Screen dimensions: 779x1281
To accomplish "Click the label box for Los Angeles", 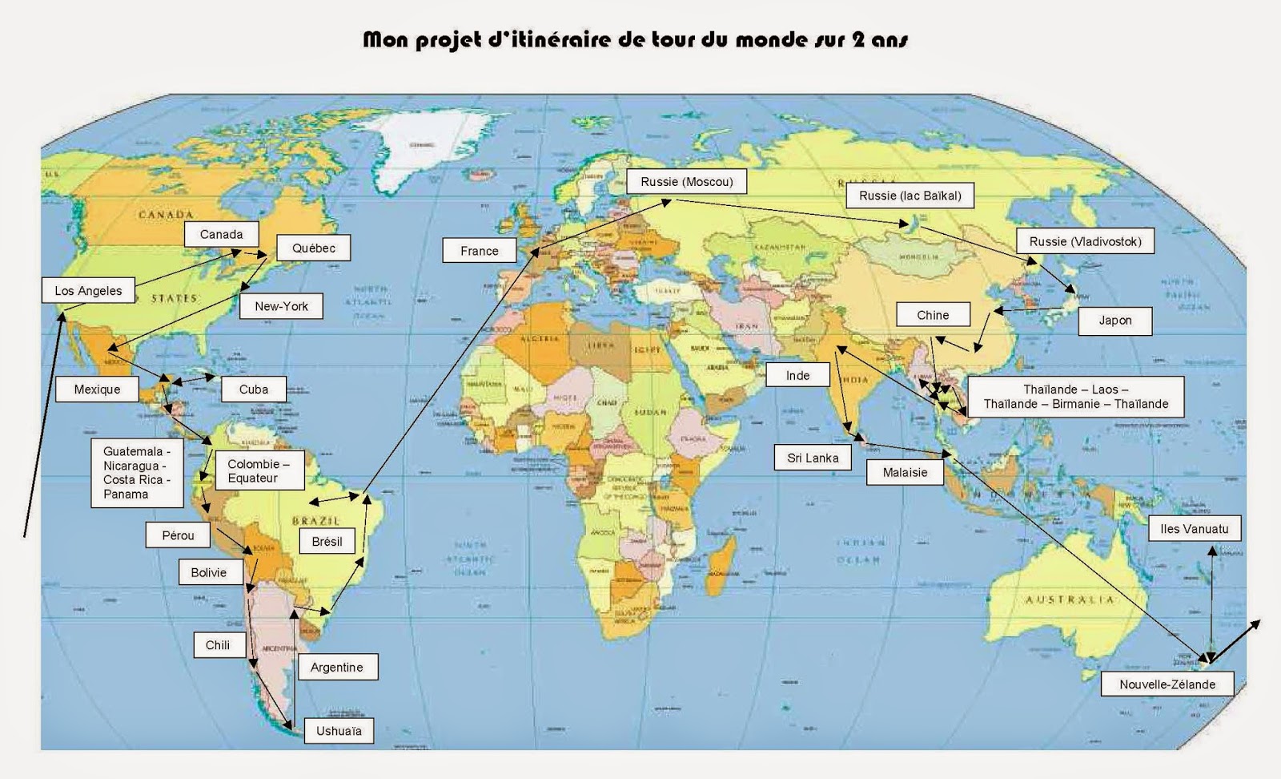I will click(x=88, y=291).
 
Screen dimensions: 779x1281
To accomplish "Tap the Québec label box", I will click(x=313, y=248).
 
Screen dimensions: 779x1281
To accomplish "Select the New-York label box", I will click(x=281, y=306).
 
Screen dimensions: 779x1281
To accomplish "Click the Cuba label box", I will click(x=254, y=389).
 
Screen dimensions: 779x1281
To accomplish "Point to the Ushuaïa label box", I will click(x=339, y=731).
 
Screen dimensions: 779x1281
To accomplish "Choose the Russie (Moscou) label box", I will click(x=686, y=182).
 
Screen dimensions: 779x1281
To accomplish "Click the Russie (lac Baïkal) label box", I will click(x=910, y=196).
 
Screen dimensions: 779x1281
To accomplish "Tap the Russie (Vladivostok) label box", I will click(x=1085, y=241).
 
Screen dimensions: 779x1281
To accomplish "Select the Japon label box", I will click(x=1114, y=321).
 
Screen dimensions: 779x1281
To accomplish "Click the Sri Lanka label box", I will click(x=813, y=458).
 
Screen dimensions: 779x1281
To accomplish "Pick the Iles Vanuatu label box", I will click(x=1194, y=529).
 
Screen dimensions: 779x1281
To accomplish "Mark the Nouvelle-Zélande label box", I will click(x=1167, y=684).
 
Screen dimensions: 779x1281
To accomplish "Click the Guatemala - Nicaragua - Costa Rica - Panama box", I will click(x=137, y=473).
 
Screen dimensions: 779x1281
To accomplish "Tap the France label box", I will click(x=479, y=251).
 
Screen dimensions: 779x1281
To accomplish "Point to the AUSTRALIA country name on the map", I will click(x=1070, y=599).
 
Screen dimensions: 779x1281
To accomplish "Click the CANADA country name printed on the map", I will click(x=166, y=215).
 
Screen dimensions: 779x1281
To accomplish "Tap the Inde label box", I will click(x=797, y=376).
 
